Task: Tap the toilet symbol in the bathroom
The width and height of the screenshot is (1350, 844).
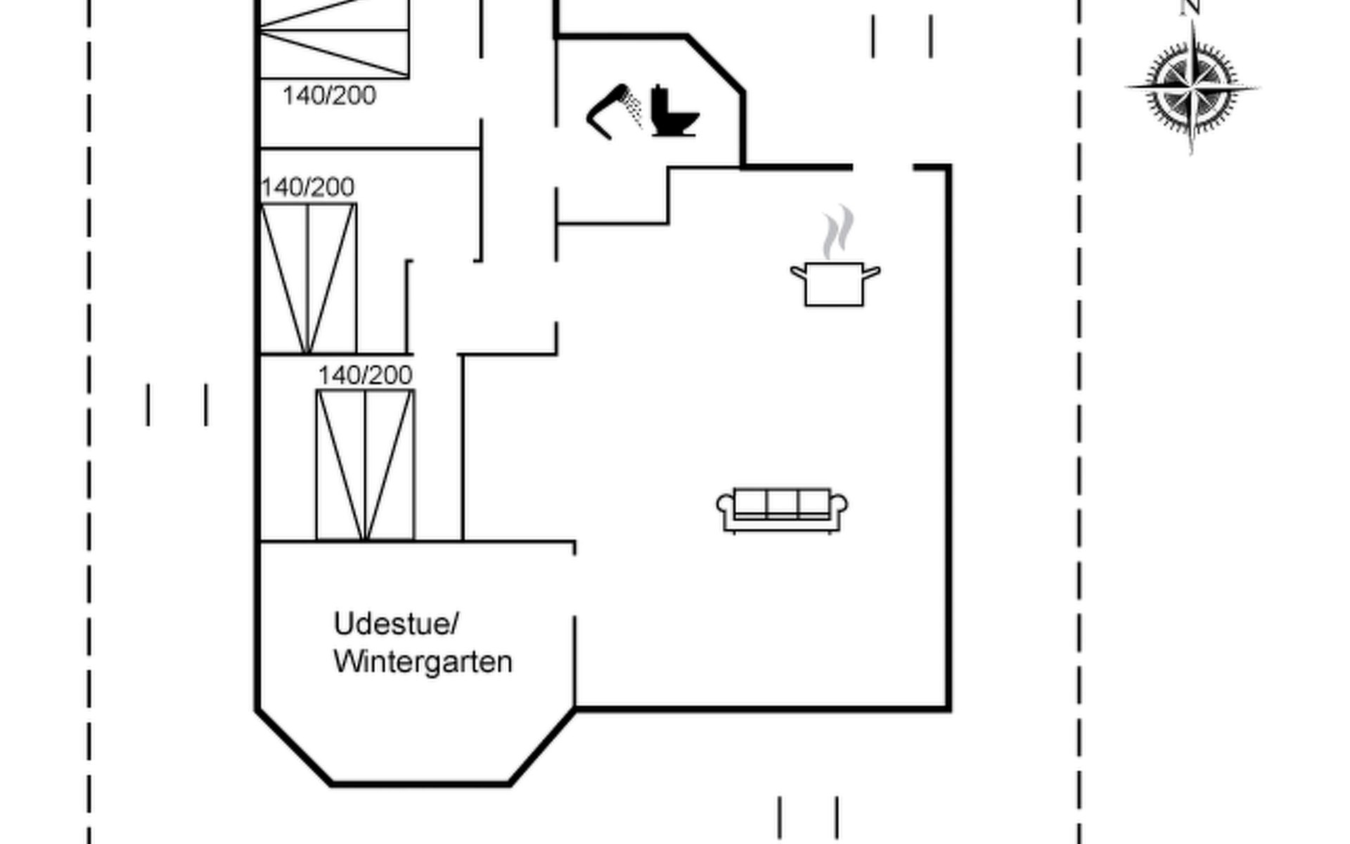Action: point(673,113)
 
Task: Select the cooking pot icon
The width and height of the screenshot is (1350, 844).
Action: point(834,283)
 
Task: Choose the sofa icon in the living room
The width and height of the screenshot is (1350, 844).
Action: point(782,509)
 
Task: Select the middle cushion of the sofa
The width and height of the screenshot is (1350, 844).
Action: point(782,503)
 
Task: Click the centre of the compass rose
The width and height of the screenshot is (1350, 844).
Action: point(1192,89)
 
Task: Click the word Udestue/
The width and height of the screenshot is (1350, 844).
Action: point(396,624)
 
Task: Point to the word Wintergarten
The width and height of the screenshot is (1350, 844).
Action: point(423,662)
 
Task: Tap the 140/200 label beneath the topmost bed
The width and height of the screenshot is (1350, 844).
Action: point(329,96)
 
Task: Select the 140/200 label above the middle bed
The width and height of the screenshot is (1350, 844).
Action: point(307,187)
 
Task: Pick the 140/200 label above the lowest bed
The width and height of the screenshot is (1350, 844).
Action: point(365,376)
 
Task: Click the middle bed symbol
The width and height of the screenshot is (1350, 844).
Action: point(308,278)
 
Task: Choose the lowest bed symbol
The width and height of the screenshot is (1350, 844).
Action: point(365,465)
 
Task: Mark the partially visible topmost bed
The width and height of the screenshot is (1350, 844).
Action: point(334,39)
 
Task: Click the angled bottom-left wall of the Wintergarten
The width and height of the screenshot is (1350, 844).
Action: point(294,747)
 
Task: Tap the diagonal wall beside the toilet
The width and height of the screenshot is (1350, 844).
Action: point(715,63)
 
